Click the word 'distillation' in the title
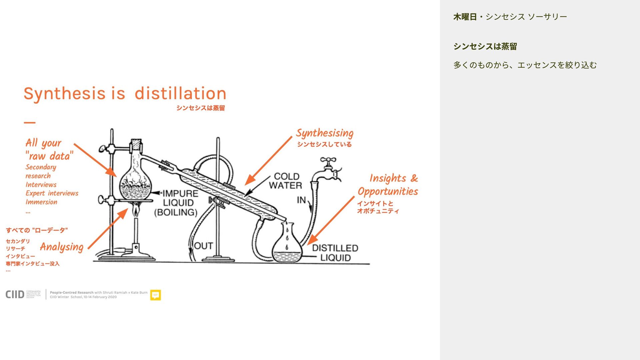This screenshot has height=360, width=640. (180, 93)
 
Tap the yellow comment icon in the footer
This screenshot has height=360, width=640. (155, 295)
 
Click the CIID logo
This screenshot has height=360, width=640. (15, 294)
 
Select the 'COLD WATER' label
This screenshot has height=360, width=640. (286, 181)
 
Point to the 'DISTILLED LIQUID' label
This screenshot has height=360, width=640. (335, 253)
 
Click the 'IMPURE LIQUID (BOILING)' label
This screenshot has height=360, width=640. (177, 203)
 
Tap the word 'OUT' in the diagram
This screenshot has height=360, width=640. (203, 246)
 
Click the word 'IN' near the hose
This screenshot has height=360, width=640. (301, 200)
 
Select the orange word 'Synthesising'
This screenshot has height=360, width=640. (325, 133)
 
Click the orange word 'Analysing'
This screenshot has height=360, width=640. (62, 247)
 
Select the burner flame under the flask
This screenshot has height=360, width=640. (136, 210)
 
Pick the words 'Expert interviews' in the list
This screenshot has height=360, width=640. (52, 193)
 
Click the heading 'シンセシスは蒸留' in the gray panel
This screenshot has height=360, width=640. (485, 46)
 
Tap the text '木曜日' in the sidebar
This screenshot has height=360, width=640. (465, 17)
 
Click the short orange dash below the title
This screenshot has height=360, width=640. (30, 123)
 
